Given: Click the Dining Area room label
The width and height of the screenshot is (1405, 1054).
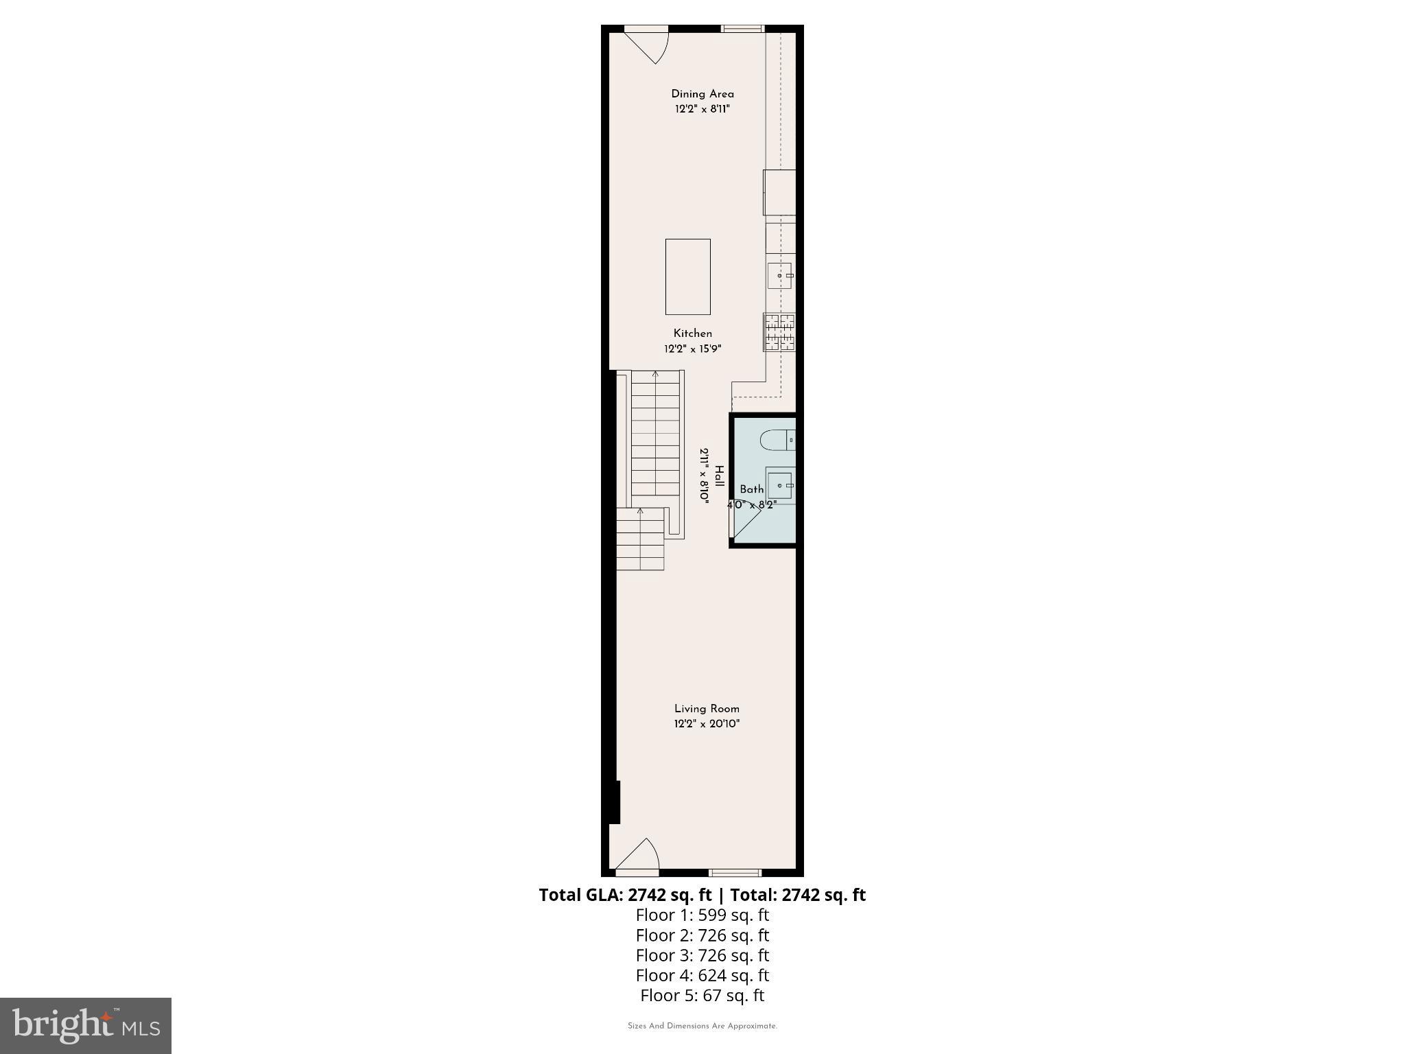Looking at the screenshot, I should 702,94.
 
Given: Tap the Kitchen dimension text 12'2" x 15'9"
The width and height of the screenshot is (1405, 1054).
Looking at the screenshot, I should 692,349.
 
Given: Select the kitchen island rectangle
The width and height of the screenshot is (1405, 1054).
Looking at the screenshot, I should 687,277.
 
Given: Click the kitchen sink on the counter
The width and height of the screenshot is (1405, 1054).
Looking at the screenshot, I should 779,276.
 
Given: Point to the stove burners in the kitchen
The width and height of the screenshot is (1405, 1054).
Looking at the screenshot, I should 779,333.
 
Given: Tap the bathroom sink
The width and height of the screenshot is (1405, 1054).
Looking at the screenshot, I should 779,485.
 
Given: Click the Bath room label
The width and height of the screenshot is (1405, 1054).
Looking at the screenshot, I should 751,489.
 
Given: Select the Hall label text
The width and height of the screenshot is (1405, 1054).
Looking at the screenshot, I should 719,476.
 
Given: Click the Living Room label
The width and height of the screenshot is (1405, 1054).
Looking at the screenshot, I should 707,709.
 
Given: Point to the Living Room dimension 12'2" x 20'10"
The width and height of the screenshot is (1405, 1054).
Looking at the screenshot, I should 707,724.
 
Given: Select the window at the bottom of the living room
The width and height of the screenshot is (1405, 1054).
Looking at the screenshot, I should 735,873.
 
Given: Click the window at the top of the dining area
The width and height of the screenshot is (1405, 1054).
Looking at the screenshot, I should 742,29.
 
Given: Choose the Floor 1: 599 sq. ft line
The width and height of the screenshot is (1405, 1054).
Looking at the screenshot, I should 702,915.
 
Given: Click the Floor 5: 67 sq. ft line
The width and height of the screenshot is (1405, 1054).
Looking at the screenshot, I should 702,995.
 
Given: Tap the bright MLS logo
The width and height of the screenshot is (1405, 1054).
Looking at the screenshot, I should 86,1026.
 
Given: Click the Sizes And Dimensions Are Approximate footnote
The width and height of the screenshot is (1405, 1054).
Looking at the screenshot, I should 702,1027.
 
